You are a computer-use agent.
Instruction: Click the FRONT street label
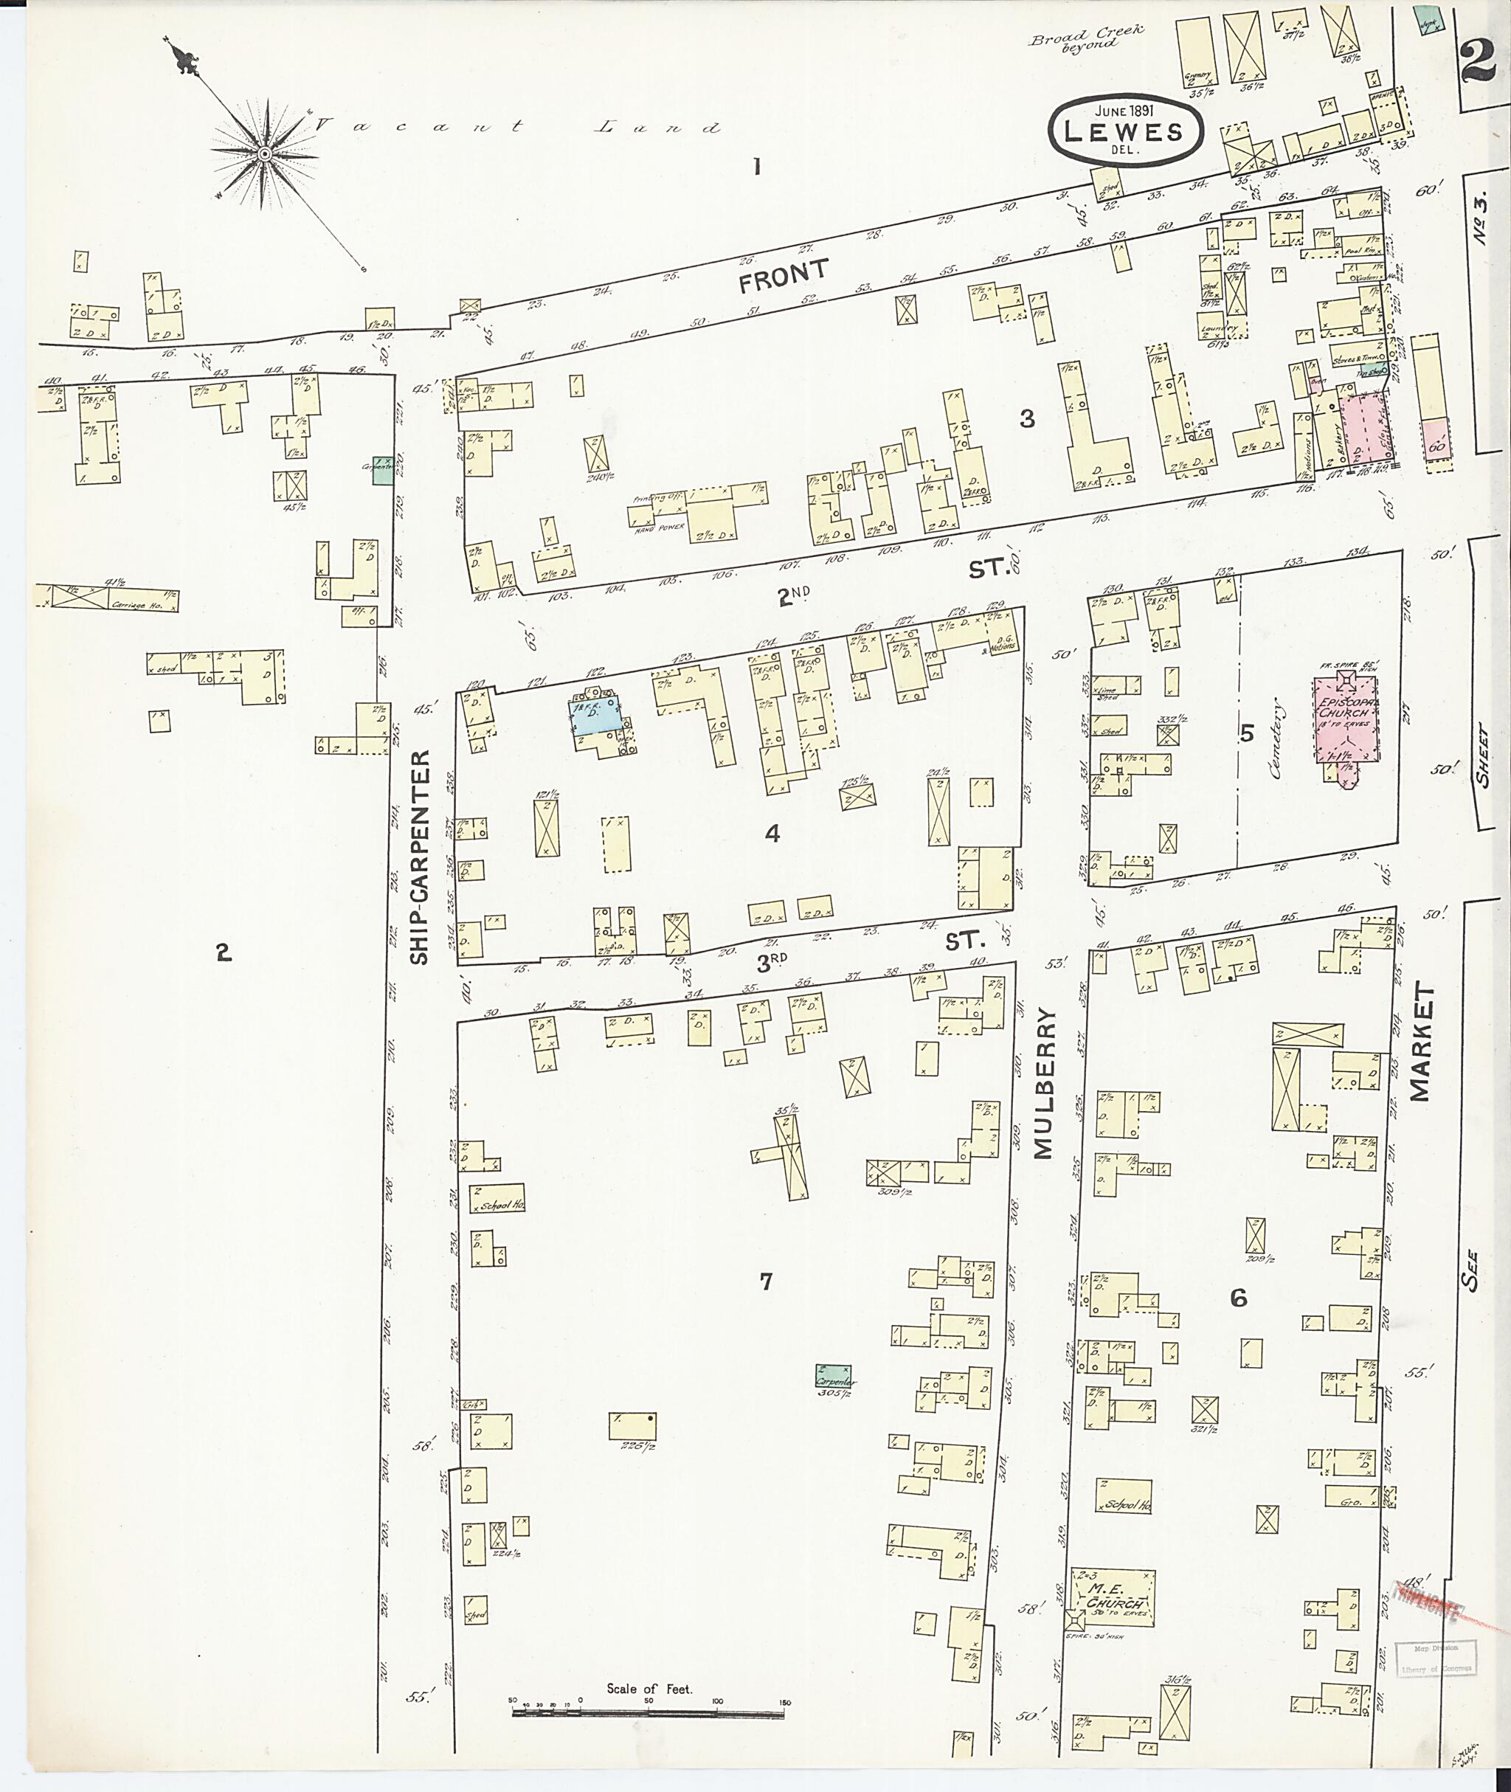pos(784,276)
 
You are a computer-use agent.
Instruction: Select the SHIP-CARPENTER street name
pos(419,858)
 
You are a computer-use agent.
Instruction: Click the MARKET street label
pos(1420,1042)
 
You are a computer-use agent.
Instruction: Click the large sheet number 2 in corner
pos(1479,60)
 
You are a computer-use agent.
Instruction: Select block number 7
pos(766,1304)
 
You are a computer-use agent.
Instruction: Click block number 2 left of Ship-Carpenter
pos(224,952)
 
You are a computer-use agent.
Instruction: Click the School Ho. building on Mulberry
pos(1124,1504)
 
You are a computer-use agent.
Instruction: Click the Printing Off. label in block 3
pos(655,499)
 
